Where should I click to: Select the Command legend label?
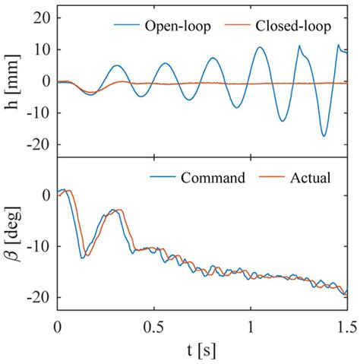pyautogui.click(x=213, y=179)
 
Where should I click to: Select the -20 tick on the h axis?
pyautogui.click(x=38, y=144)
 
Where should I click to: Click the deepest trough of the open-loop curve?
pyautogui.click(x=324, y=136)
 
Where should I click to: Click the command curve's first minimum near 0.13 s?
pyautogui.click(x=82, y=258)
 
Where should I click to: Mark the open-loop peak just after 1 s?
pyautogui.click(x=261, y=47)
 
